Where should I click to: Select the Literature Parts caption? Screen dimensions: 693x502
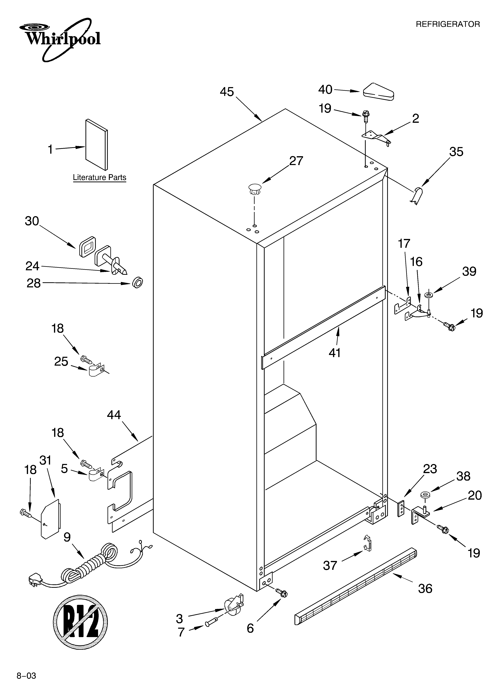99,177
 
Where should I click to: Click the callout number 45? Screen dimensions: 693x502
227,92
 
